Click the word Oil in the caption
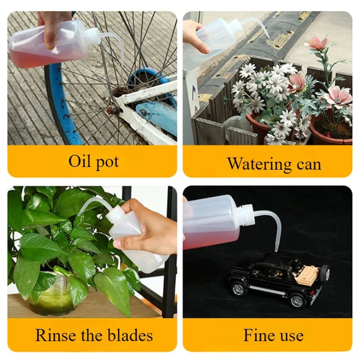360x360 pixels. point(79,161)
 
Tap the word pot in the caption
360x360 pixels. point(107,162)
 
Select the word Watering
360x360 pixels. point(259,164)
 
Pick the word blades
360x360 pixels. point(130,335)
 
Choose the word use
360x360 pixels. point(291,337)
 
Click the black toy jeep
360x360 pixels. point(279,279)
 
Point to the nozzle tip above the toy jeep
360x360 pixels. point(276,249)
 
